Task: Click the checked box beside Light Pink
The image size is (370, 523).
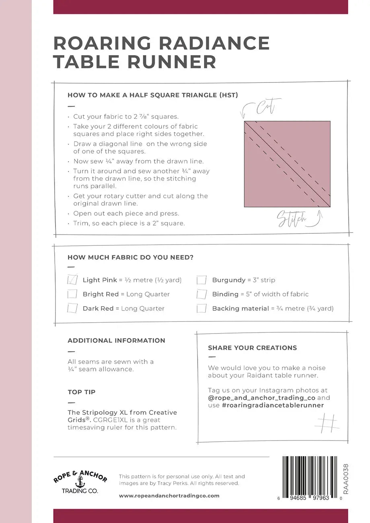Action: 72,280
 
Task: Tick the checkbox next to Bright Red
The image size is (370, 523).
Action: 72,294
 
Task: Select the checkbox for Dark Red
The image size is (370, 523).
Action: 72,309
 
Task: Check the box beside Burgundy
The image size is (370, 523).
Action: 201,280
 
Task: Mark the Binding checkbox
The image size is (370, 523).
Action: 201,294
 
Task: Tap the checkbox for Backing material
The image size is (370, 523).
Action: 201,309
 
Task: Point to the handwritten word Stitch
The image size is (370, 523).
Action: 292,219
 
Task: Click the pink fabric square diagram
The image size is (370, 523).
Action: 287,164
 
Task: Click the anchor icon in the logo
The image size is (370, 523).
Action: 80,482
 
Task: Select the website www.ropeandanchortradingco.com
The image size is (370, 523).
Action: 169,496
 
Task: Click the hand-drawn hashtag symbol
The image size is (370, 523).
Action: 326,423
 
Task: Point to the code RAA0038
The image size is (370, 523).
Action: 346,479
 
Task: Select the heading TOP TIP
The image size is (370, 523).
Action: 82,392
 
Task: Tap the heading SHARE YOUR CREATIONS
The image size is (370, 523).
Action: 252,348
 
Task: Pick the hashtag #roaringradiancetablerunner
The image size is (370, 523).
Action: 273,405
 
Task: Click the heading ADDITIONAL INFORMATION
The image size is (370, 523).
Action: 116,340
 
